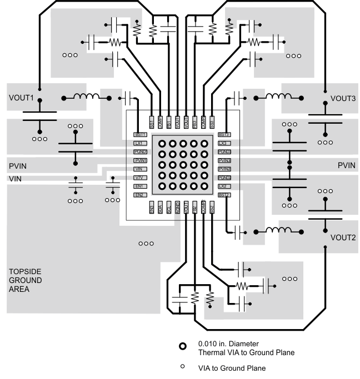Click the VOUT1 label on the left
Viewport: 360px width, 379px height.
(22, 98)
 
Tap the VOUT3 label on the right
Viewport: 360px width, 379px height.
(343, 98)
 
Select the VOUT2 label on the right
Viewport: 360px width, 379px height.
(343, 237)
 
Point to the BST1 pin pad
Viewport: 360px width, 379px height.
(140, 134)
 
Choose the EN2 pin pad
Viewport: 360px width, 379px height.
(140, 195)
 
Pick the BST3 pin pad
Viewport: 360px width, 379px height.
(224, 134)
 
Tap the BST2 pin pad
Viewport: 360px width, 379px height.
(224, 195)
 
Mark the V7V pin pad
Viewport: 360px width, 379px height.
(140, 178)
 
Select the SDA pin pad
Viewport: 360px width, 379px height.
(160, 208)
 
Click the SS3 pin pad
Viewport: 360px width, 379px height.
(212, 122)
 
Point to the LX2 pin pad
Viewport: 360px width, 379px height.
(224, 186)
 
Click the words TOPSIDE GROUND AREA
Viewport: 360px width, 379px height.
(26, 280)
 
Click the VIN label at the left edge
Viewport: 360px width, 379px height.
(14, 179)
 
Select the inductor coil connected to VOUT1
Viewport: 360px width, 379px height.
(84, 98)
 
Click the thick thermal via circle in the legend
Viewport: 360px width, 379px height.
(183, 347)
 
